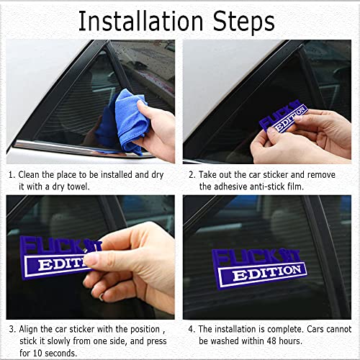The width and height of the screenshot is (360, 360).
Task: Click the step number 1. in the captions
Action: click(x=12, y=174)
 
